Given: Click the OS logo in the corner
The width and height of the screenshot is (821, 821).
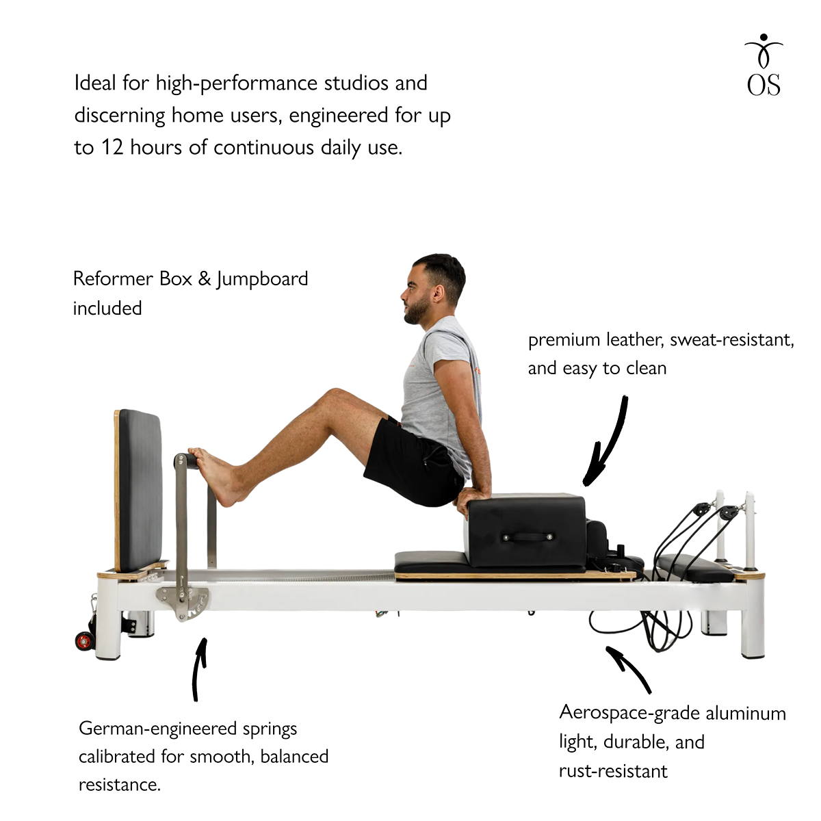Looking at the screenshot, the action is click(763, 65).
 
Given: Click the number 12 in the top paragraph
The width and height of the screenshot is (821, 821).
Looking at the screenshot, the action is click(112, 148).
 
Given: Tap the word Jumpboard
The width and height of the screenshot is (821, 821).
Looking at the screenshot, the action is click(261, 280).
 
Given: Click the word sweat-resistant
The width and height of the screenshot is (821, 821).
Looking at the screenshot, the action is click(731, 340).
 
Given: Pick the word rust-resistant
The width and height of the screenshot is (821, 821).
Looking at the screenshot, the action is click(613, 772).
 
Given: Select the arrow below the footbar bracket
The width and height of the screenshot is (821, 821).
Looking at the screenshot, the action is click(198, 669).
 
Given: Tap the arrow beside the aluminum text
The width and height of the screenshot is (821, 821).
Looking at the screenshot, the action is click(629, 668).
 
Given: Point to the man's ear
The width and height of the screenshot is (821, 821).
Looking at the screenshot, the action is click(439, 293).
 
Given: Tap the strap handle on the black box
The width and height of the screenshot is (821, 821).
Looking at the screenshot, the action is click(527, 537).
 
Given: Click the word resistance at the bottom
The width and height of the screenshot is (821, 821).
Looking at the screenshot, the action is click(119, 785).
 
